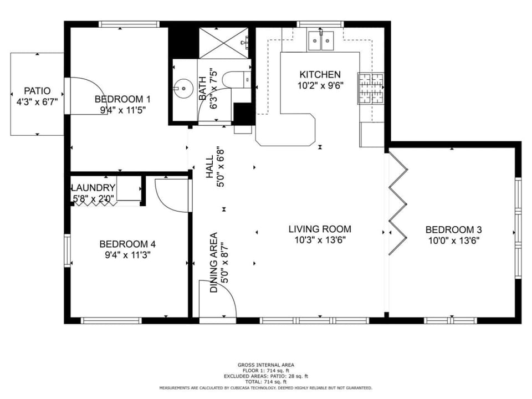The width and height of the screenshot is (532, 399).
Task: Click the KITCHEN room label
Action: [320, 75]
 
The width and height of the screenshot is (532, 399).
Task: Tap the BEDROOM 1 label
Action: [122, 99]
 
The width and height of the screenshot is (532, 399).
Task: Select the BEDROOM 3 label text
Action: [453, 230]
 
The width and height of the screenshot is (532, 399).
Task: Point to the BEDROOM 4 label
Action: [127, 244]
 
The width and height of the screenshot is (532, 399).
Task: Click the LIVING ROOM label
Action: [320, 229]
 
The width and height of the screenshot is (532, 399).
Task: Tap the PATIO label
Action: [37, 91]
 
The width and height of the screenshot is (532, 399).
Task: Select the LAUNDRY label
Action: [93, 188]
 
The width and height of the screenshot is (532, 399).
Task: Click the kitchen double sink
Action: [321, 39]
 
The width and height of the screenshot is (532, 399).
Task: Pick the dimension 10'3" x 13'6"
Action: [320, 240]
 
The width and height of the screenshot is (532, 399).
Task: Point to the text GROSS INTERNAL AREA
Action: [265, 365]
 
